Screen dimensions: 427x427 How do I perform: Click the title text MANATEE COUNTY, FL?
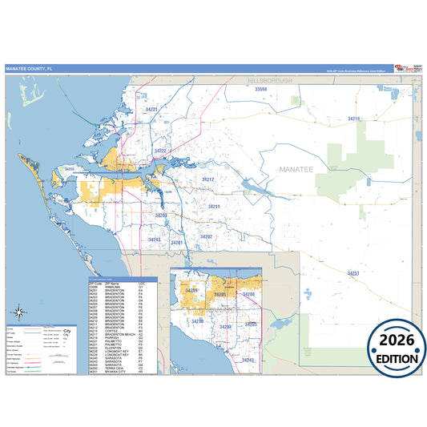click(x=28, y=69)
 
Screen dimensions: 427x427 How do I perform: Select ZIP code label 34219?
click(x=353, y=119)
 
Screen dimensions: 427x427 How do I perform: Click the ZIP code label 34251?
click(x=352, y=273)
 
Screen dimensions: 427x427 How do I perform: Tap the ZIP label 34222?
click(x=159, y=151)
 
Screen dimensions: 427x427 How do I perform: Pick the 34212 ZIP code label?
click(x=207, y=179)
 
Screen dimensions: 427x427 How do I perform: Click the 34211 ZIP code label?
click(x=214, y=207)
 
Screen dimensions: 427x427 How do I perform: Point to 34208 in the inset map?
click(x=248, y=295)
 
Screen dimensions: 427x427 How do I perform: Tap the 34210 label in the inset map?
click(x=197, y=321)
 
